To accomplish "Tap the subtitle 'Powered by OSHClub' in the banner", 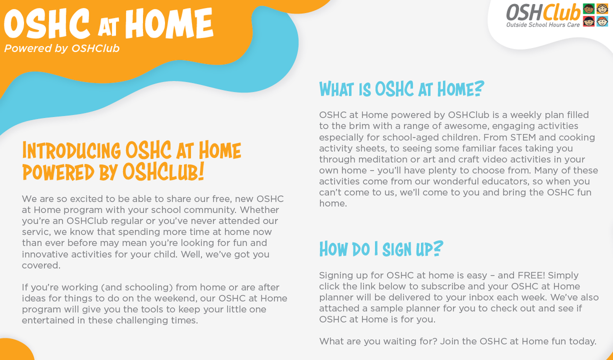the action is point(62,49).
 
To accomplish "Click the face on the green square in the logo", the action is point(588,9).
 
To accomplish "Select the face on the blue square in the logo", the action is point(602,21).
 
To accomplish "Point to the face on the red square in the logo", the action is point(588,21).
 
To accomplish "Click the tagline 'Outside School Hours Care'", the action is point(543,25).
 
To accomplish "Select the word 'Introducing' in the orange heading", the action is point(72,151).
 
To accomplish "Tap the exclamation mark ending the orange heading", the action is point(201,172).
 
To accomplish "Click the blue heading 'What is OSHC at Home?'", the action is point(402,89).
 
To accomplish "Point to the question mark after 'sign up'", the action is point(438,248).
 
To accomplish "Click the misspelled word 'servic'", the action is point(36,232).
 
